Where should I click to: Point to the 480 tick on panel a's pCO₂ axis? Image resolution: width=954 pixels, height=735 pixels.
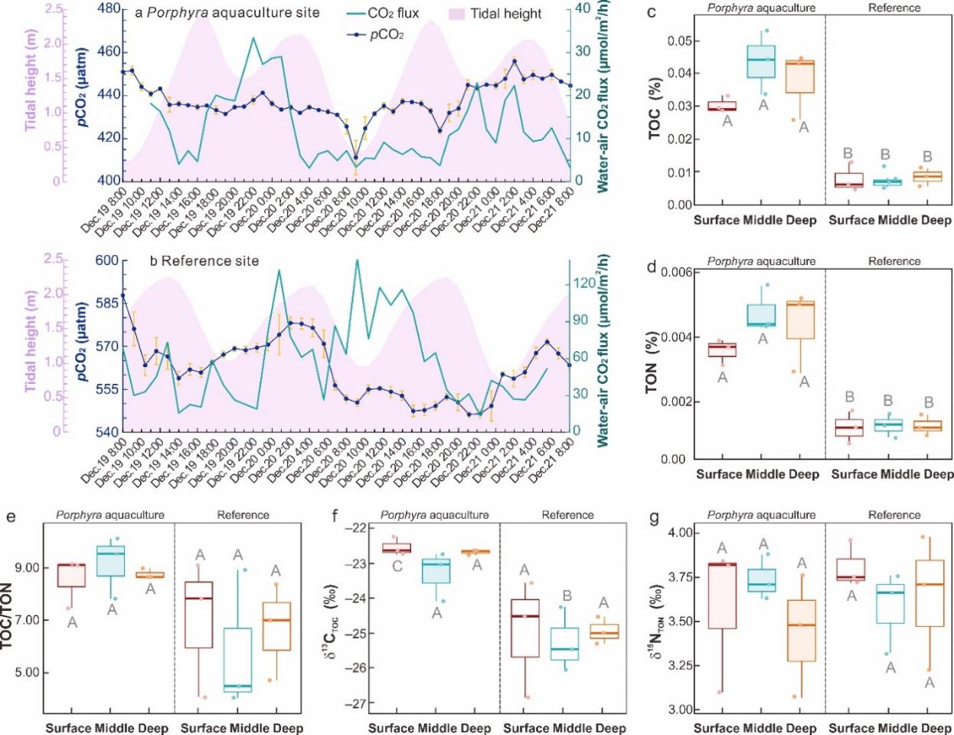click(x=109, y=9)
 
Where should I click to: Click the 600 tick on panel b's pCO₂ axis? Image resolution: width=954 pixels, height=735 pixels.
click(x=108, y=261)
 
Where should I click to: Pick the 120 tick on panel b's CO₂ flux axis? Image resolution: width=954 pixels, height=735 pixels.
click(x=584, y=284)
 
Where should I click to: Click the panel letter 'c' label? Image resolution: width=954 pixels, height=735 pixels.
click(x=652, y=13)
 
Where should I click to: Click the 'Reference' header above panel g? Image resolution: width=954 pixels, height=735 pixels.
click(x=894, y=515)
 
